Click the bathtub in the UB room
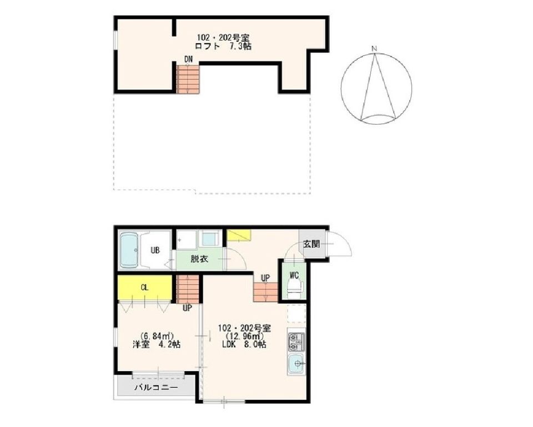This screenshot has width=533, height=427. [129, 250]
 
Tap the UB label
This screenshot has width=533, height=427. [155, 251]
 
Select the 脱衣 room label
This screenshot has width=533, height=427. [199, 259]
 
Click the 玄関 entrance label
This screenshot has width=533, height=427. [311, 243]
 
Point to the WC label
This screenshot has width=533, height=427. [294, 275]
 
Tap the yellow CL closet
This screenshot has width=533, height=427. [144, 287]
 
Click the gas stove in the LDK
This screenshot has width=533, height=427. [296, 341]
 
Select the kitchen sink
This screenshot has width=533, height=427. [296, 364]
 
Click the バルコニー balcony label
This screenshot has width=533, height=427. [156, 387]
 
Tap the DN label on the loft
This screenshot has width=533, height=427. [188, 59]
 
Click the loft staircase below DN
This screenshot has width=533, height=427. [188, 79]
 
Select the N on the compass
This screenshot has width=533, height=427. [374, 49]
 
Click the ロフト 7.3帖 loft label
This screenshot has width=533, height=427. [223, 47]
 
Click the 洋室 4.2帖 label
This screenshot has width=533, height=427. [157, 344]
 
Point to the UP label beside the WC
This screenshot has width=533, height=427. [265, 278]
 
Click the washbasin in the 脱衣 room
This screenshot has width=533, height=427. [210, 238]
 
